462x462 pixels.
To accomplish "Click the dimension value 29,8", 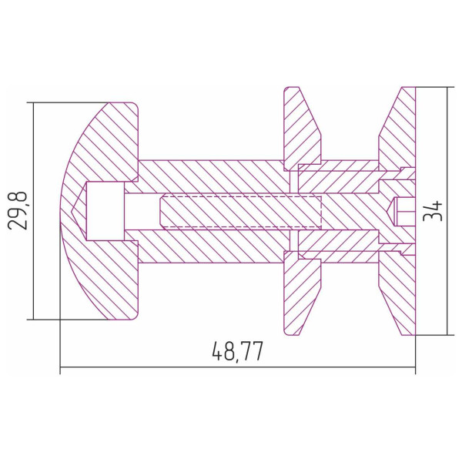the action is [x=18, y=210].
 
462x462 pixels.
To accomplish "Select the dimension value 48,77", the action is [x=237, y=351].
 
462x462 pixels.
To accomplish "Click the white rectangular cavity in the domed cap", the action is [x=105, y=211].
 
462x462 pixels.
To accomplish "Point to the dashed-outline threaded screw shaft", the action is [x=241, y=211].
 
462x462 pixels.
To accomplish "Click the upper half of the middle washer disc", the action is [x=301, y=129].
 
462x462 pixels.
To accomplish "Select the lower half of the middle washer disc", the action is [x=301, y=293].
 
